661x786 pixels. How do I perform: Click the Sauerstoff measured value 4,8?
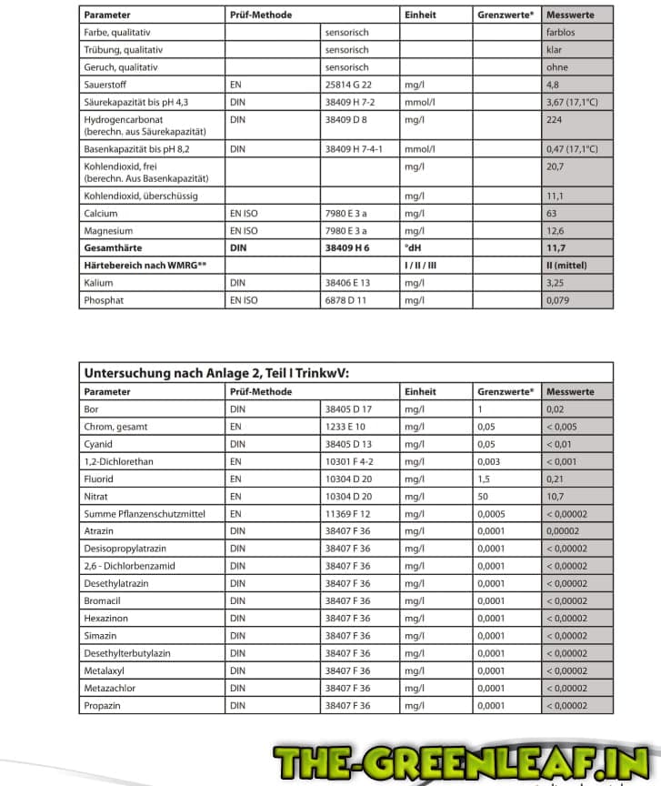tap(553, 85)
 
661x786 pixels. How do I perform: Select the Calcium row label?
tap(101, 213)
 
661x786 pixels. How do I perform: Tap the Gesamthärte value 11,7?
tap(556, 247)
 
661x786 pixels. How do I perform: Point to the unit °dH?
tap(415, 247)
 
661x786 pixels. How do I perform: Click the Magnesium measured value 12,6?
tap(556, 230)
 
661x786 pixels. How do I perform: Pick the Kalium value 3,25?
tap(556, 283)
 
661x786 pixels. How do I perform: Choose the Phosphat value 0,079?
tap(558, 300)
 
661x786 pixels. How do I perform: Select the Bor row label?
tap(91, 409)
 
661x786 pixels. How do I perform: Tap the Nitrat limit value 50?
tap(483, 497)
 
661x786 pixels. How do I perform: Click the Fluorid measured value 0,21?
tap(556, 479)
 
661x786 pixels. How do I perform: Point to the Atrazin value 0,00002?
tap(566, 531)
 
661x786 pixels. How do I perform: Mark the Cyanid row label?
tap(98, 444)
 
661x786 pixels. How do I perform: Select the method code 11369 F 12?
tap(348, 514)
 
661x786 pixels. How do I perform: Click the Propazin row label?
tap(102, 706)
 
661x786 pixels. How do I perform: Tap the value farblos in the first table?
tap(561, 32)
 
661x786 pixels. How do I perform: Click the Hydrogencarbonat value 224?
tap(555, 119)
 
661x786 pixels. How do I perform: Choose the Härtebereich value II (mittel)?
tap(566, 265)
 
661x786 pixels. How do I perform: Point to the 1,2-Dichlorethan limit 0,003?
tap(489, 461)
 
